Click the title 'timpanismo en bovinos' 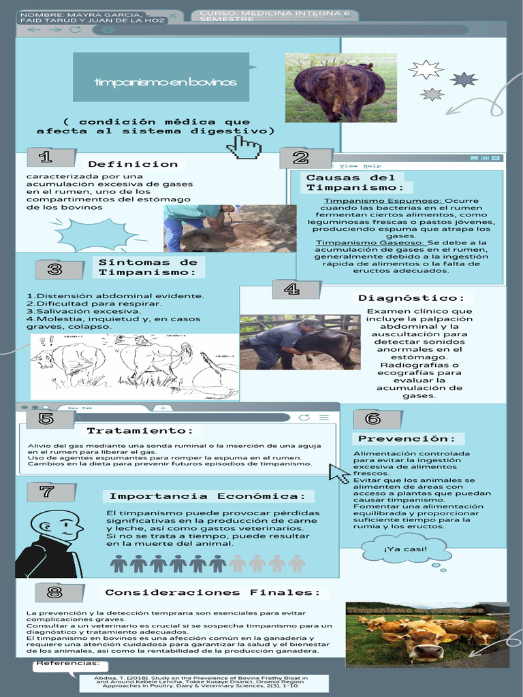(x=165, y=82)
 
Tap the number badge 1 (x=46, y=157)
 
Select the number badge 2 (x=300, y=158)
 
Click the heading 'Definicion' (x=133, y=164)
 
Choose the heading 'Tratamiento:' (x=140, y=431)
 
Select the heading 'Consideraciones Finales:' (x=212, y=592)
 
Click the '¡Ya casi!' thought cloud (x=405, y=549)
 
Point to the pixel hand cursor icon (x=247, y=147)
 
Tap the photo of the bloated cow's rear (x=340, y=88)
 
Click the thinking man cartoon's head (x=58, y=525)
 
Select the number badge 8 (x=55, y=592)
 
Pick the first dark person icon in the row (x=118, y=564)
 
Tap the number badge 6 (x=372, y=419)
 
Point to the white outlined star (x=426, y=69)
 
